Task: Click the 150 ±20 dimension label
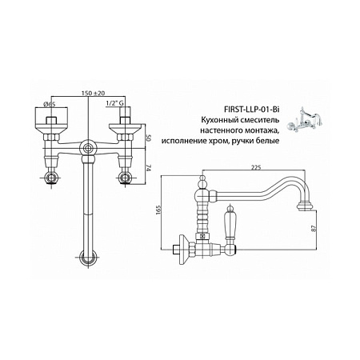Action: (93, 93)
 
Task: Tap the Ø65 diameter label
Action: (50, 104)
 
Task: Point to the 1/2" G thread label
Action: (115, 103)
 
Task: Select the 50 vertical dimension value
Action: (149, 138)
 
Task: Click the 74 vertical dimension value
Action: (149, 168)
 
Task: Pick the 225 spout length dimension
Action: (255, 167)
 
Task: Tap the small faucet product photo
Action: (307, 120)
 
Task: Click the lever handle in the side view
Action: (230, 222)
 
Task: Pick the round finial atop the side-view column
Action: (203, 182)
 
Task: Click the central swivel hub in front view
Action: (88, 147)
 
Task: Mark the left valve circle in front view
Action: (51, 177)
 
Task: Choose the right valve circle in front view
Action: (126, 177)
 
